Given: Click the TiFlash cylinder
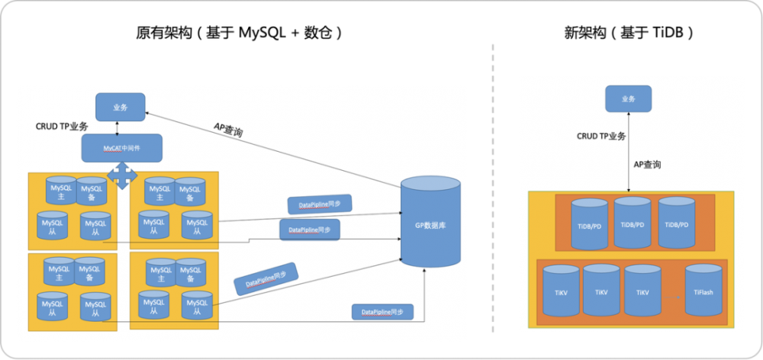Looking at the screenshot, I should click(x=703, y=291).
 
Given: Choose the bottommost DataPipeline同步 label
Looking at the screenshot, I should click(x=383, y=312).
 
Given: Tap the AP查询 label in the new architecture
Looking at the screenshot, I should click(x=647, y=164).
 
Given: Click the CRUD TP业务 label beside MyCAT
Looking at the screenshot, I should click(x=62, y=127).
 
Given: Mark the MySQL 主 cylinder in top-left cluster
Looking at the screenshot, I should click(x=60, y=191).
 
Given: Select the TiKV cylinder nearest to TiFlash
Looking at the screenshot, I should click(x=642, y=291).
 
